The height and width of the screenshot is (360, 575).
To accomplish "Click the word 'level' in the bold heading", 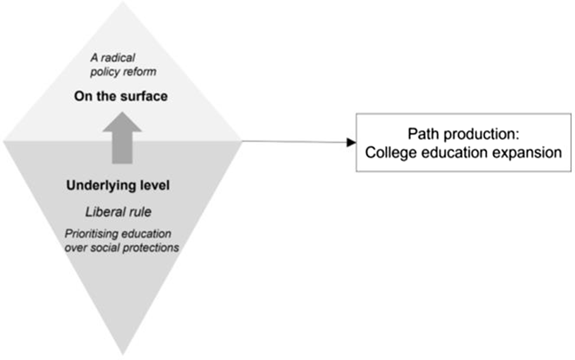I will [155, 185].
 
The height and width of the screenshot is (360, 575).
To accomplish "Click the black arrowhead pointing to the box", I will [351, 142].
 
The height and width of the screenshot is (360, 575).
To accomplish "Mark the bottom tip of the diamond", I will [123, 354].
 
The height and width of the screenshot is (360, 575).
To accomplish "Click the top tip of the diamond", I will [123, 3].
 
